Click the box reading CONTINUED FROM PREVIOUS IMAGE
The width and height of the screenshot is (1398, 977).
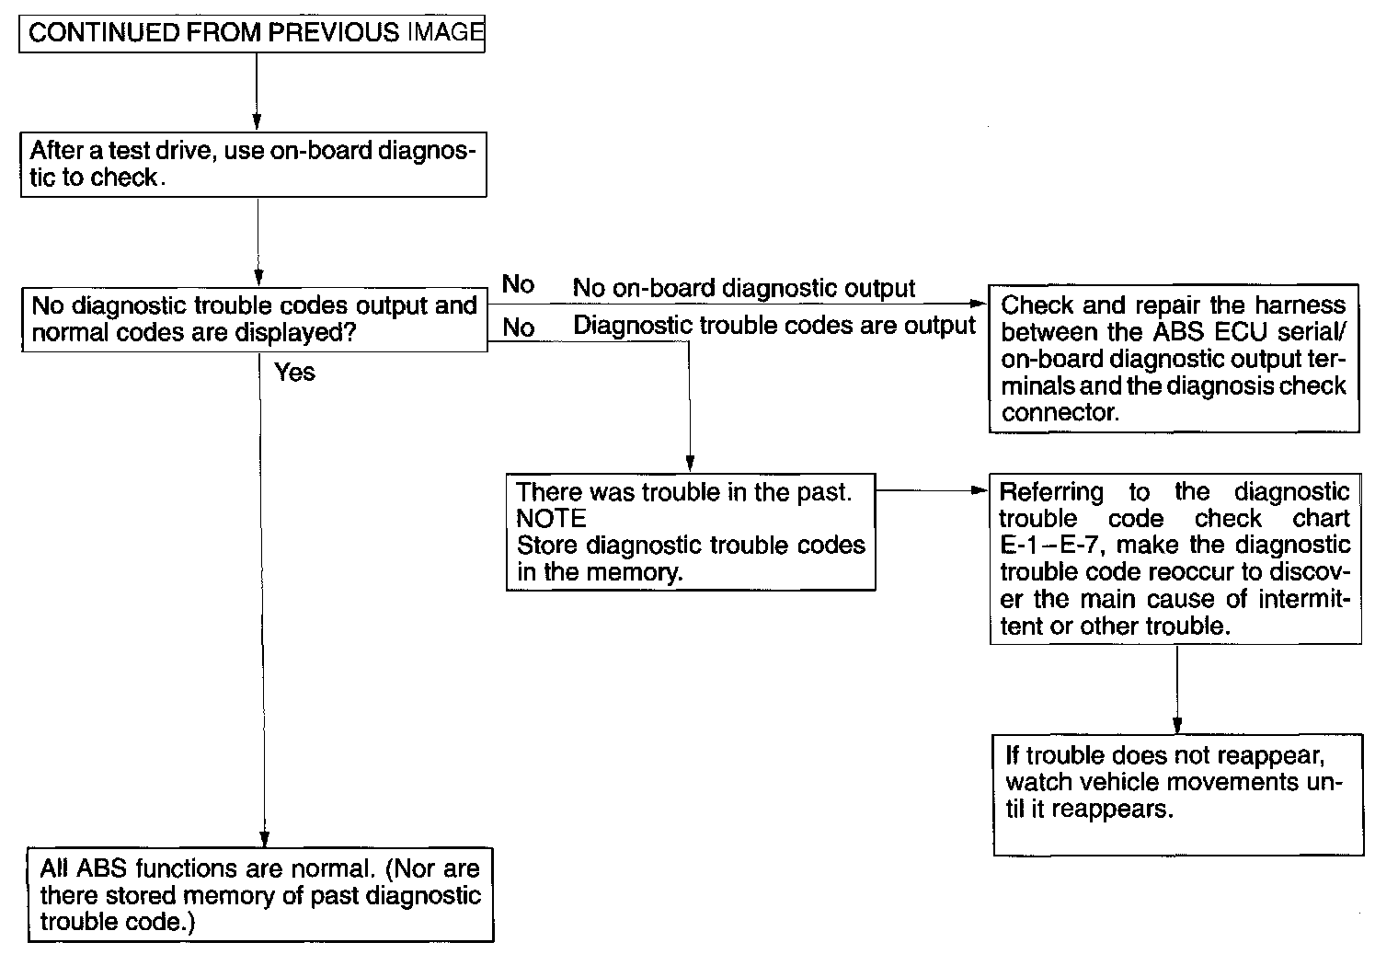tap(252, 33)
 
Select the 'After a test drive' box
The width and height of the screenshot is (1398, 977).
tap(253, 165)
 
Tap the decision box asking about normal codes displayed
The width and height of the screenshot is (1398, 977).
tap(255, 319)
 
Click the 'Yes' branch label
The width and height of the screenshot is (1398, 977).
tap(294, 373)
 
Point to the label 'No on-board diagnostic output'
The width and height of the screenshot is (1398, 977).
tap(743, 289)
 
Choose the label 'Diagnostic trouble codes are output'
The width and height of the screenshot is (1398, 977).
tap(773, 326)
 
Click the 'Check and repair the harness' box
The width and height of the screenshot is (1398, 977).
tap(1174, 358)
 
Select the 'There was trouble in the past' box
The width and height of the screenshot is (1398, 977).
tap(690, 532)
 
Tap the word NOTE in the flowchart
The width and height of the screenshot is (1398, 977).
tap(551, 519)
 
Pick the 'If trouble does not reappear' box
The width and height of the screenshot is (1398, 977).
tap(1177, 794)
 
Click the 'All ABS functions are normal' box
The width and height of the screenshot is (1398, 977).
tap(260, 895)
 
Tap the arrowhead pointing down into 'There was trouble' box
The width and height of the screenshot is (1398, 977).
tap(690, 465)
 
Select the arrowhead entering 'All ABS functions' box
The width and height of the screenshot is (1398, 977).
tap(265, 839)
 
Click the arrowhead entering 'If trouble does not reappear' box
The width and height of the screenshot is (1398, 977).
tap(1177, 725)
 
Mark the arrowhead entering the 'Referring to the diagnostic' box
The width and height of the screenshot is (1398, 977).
tap(980, 490)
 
